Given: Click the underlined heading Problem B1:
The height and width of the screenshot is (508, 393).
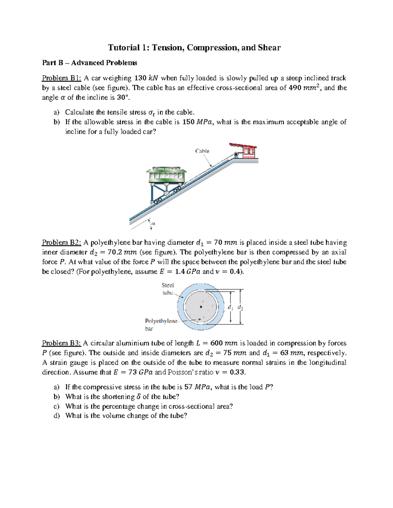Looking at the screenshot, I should (61, 78).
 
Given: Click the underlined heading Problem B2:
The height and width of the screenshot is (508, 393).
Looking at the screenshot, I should (61, 243).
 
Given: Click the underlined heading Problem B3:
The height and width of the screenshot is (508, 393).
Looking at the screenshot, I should (61, 343).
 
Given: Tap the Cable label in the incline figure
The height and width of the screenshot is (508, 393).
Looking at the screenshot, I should (202, 151).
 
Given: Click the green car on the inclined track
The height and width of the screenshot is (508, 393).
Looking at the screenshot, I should (166, 177).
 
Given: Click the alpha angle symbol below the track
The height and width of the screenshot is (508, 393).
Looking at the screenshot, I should (153, 224).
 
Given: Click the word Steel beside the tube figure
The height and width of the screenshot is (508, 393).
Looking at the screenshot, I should (167, 285).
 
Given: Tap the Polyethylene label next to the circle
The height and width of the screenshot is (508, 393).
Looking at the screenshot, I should (161, 321).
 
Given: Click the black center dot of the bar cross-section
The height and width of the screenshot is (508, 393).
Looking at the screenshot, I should (201, 307).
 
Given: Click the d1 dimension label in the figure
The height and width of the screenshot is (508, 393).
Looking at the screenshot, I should (230, 307).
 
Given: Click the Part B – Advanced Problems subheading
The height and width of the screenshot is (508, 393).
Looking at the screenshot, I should (89, 63).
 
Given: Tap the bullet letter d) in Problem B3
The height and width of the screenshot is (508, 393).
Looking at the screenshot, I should (57, 416).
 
